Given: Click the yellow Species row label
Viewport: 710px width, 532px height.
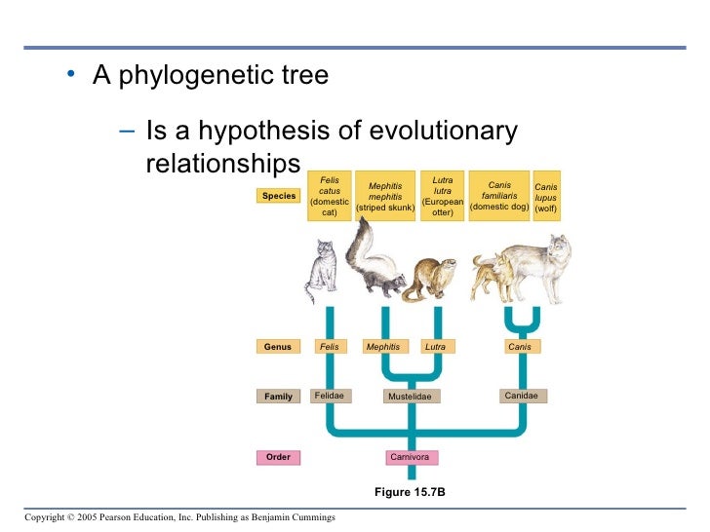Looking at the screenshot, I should point(278,196).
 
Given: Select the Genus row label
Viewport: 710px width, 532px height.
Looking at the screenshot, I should point(278,347).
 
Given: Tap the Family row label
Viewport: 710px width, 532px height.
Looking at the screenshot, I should point(278,397).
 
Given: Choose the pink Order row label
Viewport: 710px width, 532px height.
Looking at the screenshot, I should point(278,457).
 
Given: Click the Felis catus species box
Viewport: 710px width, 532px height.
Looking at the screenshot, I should point(330,196).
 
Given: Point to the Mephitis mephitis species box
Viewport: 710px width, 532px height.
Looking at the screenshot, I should point(385,196).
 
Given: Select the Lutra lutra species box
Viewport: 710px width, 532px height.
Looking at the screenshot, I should point(442,196).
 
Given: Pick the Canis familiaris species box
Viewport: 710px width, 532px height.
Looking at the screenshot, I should point(499,196).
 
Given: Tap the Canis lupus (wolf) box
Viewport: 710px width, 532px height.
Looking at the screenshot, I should point(546,196).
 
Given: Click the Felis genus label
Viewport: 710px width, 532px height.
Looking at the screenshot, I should point(330,347).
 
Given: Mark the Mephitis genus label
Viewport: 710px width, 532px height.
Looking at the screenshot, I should point(382,347).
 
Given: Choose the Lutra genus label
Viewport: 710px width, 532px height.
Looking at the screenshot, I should point(435,347).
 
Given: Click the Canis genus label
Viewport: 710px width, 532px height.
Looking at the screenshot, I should point(520,347).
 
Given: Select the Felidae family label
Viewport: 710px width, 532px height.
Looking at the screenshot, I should point(330,396).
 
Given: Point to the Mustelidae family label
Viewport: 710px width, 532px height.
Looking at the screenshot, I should point(409,397).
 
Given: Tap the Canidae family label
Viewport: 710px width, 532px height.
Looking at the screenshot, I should point(520,396).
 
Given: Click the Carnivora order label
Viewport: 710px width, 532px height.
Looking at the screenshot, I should point(409,457).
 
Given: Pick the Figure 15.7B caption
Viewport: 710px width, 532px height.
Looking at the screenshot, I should point(409,493).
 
